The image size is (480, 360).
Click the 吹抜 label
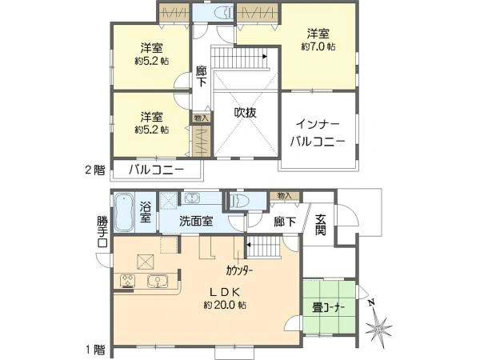click(246, 113)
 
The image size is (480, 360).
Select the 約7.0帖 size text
click(318, 47)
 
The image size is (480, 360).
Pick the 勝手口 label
click(102, 231)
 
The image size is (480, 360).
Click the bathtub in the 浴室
click(125, 212)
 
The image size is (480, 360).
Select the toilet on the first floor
click(239, 201)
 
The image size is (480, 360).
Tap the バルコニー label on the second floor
click(157, 170)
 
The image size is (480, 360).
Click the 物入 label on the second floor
click(201, 118)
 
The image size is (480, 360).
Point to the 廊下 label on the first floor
click(280, 224)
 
